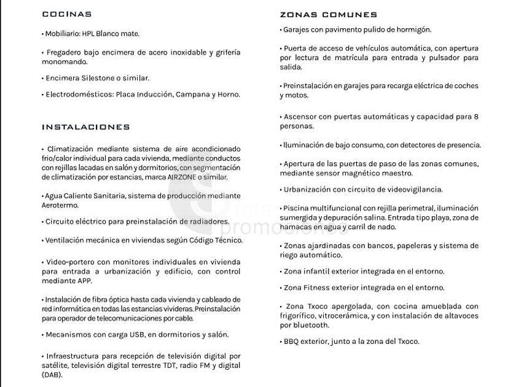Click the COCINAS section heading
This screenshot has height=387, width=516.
pos(66,14)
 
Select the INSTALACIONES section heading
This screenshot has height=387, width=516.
pos(85,127)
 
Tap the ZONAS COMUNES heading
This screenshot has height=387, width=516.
pos(328,15)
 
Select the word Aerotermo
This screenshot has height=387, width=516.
pos(61,205)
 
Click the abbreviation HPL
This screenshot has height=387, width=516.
pos(90,34)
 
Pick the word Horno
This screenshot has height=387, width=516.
pos(229,95)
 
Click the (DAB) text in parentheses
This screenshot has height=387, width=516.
pos(52,374)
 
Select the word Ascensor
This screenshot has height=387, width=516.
pos(303,116)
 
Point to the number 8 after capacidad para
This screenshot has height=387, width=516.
pos(476,116)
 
